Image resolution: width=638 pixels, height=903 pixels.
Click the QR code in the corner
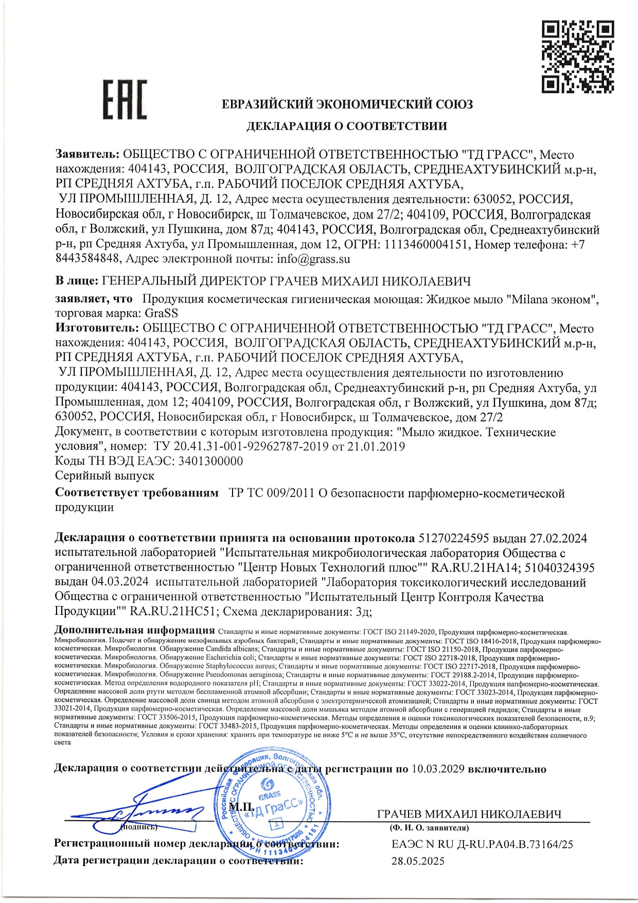point(578,56)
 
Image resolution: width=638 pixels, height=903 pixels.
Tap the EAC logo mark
point(125,99)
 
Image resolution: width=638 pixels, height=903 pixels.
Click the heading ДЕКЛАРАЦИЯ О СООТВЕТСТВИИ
point(347,126)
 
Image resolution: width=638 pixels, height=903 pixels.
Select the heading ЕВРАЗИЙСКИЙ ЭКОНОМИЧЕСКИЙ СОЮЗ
point(347,104)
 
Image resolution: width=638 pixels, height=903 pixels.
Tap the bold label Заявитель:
point(87,154)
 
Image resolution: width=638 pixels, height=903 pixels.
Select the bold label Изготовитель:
point(97,328)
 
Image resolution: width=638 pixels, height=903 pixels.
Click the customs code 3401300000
point(210,461)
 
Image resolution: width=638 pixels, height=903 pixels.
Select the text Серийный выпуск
point(104,475)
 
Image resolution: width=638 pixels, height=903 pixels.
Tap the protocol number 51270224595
point(453,538)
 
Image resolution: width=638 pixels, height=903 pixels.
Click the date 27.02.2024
point(558,538)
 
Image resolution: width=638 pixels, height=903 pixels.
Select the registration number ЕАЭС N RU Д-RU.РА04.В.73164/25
point(482,844)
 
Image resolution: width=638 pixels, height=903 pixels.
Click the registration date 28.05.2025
point(418,861)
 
